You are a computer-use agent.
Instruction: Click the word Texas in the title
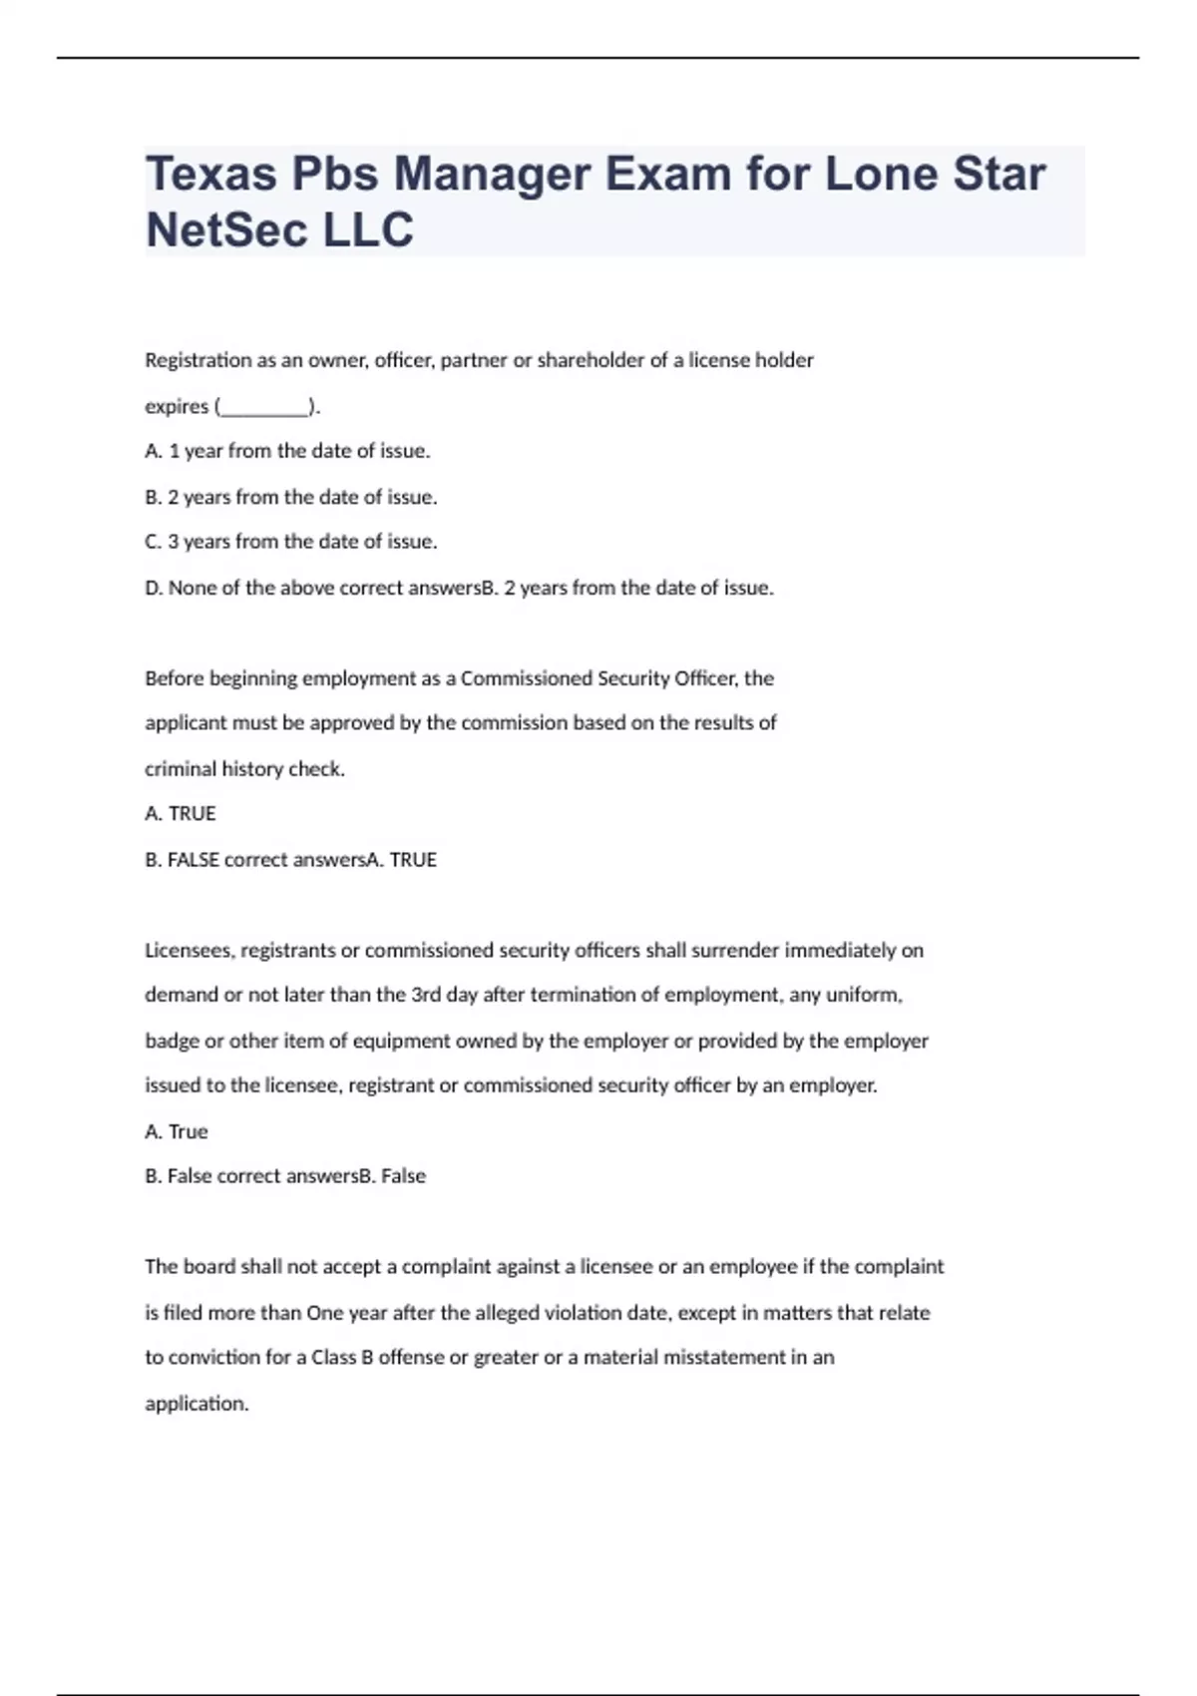pos(211,174)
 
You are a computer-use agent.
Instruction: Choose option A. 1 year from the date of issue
pos(287,451)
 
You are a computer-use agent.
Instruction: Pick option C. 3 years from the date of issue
pos(291,542)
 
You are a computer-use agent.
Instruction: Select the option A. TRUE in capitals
pos(181,814)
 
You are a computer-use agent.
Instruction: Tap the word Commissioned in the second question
pos(526,678)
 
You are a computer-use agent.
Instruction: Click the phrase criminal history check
pos(244,769)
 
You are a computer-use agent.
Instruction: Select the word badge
pos(172,1041)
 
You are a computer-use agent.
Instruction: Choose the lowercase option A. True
pos(177,1131)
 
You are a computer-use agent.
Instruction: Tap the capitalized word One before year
pos(324,1313)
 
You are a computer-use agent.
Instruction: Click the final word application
pos(197,1404)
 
